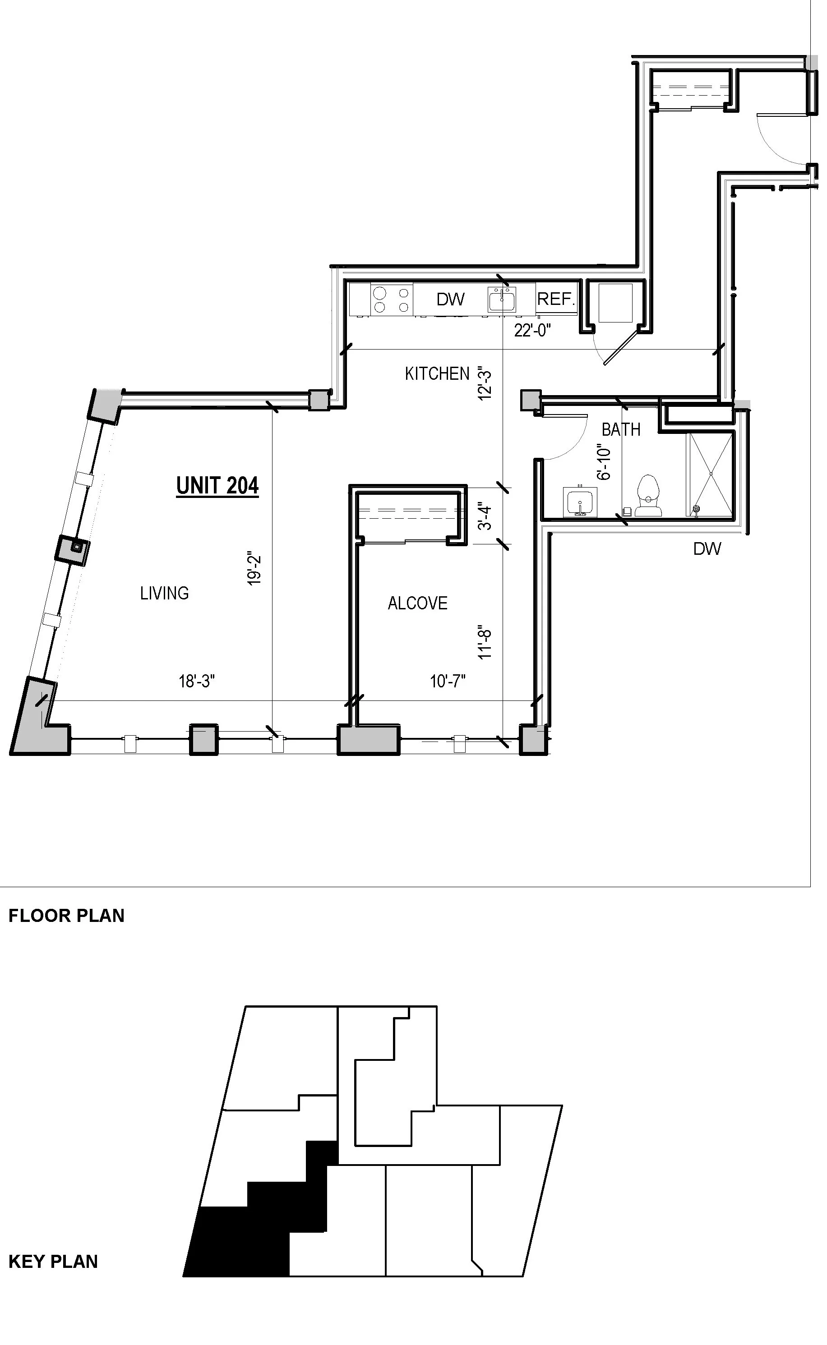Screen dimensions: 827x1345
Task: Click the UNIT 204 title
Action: point(217,485)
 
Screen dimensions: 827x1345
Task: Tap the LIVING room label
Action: point(165,593)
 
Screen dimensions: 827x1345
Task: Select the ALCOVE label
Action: point(418,603)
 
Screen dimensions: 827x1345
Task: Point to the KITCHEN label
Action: point(437,374)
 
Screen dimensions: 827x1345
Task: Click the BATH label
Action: point(621,430)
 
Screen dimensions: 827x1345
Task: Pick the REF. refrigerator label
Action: point(556,299)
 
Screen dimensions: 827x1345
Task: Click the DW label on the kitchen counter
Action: point(451,299)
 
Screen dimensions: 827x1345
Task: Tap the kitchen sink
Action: point(502,300)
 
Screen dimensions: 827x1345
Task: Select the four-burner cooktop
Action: point(391,299)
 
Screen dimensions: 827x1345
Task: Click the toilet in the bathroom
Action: point(648,496)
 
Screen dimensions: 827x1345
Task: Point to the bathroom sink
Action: point(579,502)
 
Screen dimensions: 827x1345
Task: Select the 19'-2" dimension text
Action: point(254,570)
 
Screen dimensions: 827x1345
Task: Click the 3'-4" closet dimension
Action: point(485,517)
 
